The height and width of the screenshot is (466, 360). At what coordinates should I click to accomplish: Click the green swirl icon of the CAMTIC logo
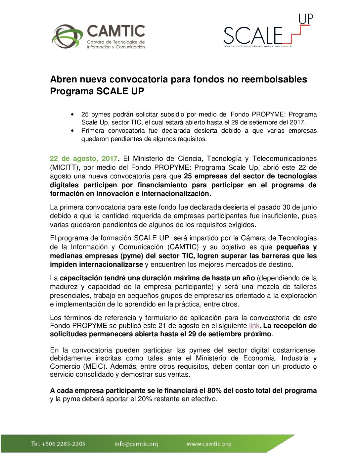67,36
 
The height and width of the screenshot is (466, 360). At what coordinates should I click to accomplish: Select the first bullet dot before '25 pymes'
72,115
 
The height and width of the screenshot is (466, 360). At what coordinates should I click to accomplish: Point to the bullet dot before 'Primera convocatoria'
72,131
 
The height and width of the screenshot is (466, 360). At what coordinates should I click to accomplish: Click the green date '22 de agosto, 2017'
84,159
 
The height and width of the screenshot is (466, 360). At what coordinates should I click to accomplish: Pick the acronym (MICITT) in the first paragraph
65,167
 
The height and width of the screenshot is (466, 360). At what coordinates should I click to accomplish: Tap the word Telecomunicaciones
284,159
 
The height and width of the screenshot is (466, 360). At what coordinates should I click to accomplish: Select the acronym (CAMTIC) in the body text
183,247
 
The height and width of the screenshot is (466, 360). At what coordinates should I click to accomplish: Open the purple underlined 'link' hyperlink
254,326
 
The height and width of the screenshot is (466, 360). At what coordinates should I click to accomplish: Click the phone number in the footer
58,444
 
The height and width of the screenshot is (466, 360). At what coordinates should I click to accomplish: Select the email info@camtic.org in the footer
136,444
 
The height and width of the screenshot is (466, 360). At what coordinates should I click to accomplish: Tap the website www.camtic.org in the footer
208,444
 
